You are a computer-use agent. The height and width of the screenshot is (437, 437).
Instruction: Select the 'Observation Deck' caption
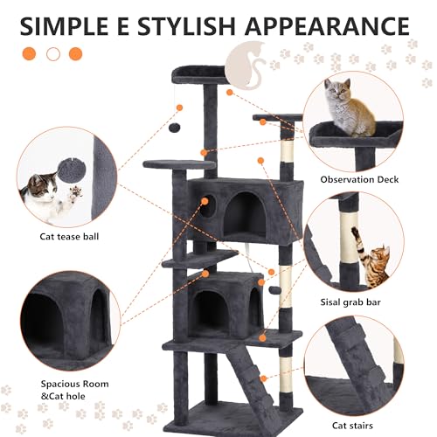(x=359, y=180)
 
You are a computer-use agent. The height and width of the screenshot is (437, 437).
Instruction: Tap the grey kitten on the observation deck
(x=346, y=108)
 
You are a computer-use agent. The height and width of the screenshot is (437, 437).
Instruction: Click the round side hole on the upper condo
(x=210, y=206)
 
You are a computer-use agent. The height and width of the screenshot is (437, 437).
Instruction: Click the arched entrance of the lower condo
(x=208, y=309)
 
